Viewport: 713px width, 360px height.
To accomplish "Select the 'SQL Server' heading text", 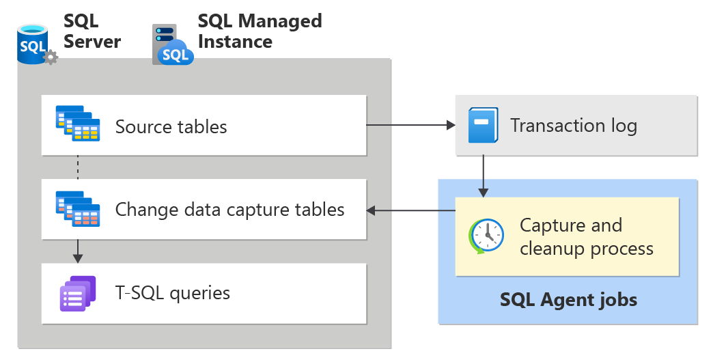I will click(92, 31).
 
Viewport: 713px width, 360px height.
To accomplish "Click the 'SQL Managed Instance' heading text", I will click(260, 31).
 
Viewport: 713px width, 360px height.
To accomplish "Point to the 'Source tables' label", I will click(171, 126).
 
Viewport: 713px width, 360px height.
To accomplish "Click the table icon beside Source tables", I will click(77, 124).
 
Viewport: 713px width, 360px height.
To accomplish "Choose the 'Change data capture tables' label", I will click(229, 209).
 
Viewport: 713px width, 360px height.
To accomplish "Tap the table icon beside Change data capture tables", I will click(77, 208).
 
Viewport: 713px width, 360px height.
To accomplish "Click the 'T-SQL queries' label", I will click(172, 293).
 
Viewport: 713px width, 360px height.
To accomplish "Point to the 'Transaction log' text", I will click(573, 126).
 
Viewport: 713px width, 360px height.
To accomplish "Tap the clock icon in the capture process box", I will click(486, 236).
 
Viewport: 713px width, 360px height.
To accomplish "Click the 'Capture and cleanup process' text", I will click(585, 236).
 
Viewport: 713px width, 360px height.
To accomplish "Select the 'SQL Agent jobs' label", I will click(568, 299).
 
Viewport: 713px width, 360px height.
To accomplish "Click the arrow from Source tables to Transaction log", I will click(410, 126).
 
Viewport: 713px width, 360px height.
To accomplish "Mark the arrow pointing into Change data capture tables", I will click(410, 210).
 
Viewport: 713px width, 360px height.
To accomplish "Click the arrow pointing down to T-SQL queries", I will click(78, 251).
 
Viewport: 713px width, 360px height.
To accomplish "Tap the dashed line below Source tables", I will click(78, 167).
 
